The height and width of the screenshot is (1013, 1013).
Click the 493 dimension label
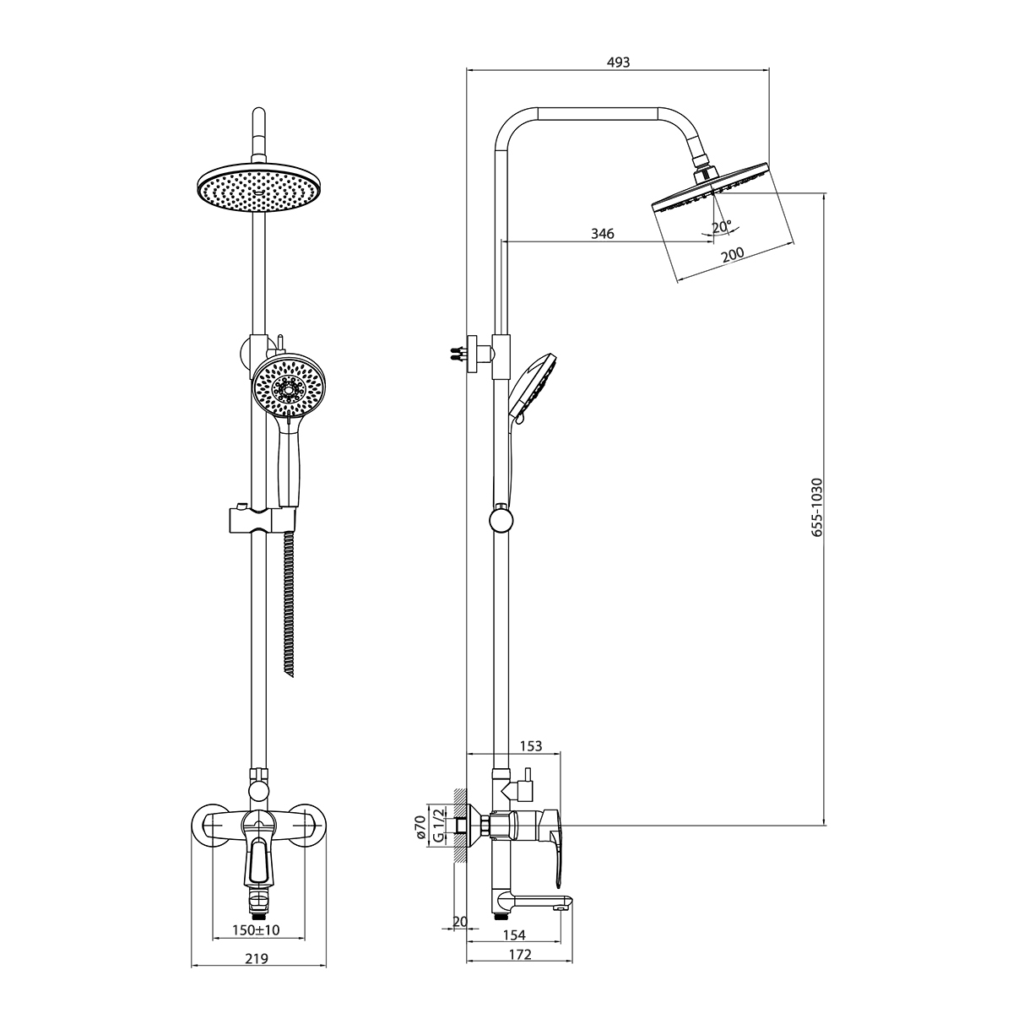tap(618, 62)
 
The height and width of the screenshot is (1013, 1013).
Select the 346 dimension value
tap(603, 233)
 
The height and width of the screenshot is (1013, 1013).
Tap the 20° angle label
tap(722, 226)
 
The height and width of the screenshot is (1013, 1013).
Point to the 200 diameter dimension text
tap(732, 254)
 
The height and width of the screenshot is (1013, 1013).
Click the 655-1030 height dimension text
tap(816, 506)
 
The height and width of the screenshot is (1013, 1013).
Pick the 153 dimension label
tap(530, 746)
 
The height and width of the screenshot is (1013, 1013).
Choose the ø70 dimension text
tap(420, 827)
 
